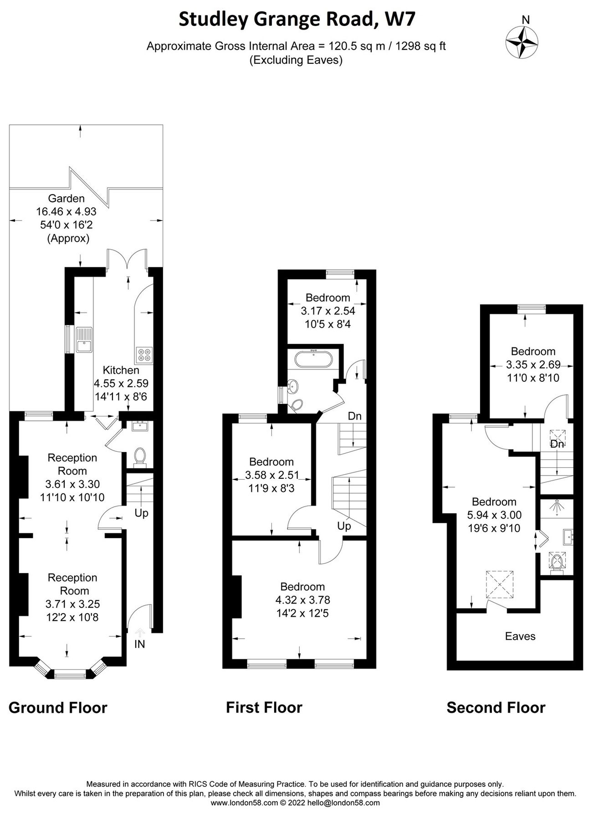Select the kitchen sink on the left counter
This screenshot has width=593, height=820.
coord(84,340)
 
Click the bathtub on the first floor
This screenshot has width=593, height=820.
coord(314,359)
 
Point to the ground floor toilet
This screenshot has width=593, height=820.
coord(140,456)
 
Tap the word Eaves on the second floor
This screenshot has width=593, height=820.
coord(520,636)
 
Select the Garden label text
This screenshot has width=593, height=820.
coord(66,199)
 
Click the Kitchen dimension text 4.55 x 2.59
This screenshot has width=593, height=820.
coord(121,384)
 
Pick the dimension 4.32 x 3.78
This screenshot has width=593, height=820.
coord(302,600)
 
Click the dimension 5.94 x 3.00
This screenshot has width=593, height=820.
coord(494,515)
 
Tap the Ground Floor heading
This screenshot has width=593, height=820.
coord(58,707)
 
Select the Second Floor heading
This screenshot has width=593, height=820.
coord(496,707)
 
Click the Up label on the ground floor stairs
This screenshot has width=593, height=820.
coord(141,513)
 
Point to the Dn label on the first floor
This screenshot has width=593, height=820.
coord(354,416)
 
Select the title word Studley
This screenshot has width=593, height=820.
coord(212,20)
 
